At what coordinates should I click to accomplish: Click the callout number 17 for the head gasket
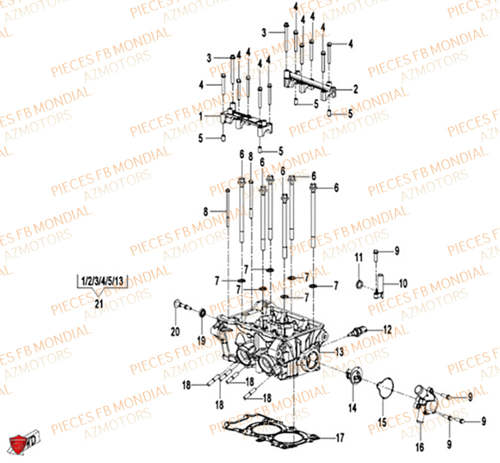point(339,438)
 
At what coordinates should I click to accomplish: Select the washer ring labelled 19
point(202,313)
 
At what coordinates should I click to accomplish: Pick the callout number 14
point(352,408)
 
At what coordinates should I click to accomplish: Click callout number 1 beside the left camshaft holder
point(201,116)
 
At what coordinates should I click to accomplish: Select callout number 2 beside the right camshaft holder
point(355,89)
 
